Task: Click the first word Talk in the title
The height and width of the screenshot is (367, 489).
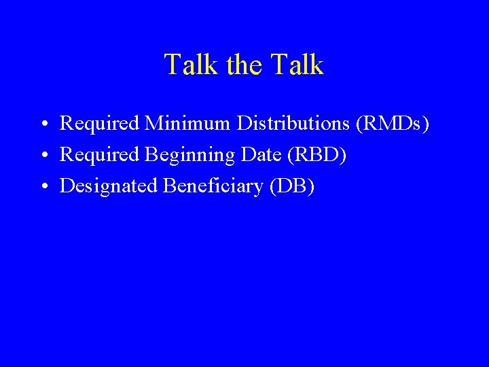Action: [x=191, y=65]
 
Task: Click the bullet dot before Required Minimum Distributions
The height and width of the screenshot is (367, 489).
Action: [x=43, y=125]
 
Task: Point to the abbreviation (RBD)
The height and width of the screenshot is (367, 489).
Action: [x=317, y=155]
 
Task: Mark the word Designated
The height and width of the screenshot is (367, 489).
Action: [x=109, y=186]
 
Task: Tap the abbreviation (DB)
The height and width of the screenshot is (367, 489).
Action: [x=292, y=186]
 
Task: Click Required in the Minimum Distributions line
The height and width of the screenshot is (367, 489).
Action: [x=99, y=123]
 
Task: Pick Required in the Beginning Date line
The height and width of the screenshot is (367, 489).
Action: [x=99, y=154]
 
